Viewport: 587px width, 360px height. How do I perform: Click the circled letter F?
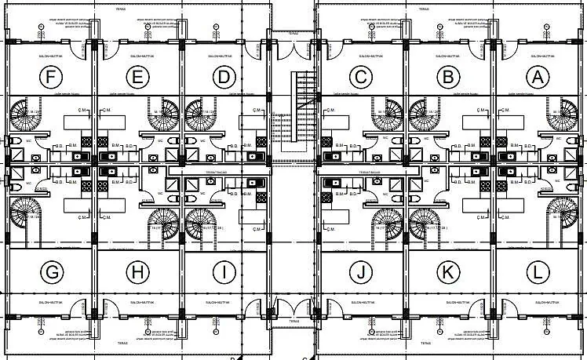[x=53, y=77]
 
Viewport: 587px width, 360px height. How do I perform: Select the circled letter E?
[x=137, y=77]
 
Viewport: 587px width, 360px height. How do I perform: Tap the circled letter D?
[x=224, y=77]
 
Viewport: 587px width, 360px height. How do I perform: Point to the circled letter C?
[x=361, y=77]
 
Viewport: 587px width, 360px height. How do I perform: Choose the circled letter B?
[x=449, y=77]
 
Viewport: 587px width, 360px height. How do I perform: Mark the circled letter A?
[x=538, y=77]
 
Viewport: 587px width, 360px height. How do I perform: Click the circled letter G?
[x=53, y=273]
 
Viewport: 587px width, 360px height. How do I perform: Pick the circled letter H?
[x=137, y=273]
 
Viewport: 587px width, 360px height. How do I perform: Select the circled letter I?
[x=224, y=273]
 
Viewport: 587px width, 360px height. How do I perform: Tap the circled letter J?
[x=361, y=273]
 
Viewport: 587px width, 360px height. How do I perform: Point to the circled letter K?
[x=449, y=273]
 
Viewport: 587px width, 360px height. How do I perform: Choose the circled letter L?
[x=538, y=273]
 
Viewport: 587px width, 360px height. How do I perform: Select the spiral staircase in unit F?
[x=30, y=115]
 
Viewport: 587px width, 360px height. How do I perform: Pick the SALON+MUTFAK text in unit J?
[x=361, y=301]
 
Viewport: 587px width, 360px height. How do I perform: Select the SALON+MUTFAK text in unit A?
[x=538, y=56]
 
